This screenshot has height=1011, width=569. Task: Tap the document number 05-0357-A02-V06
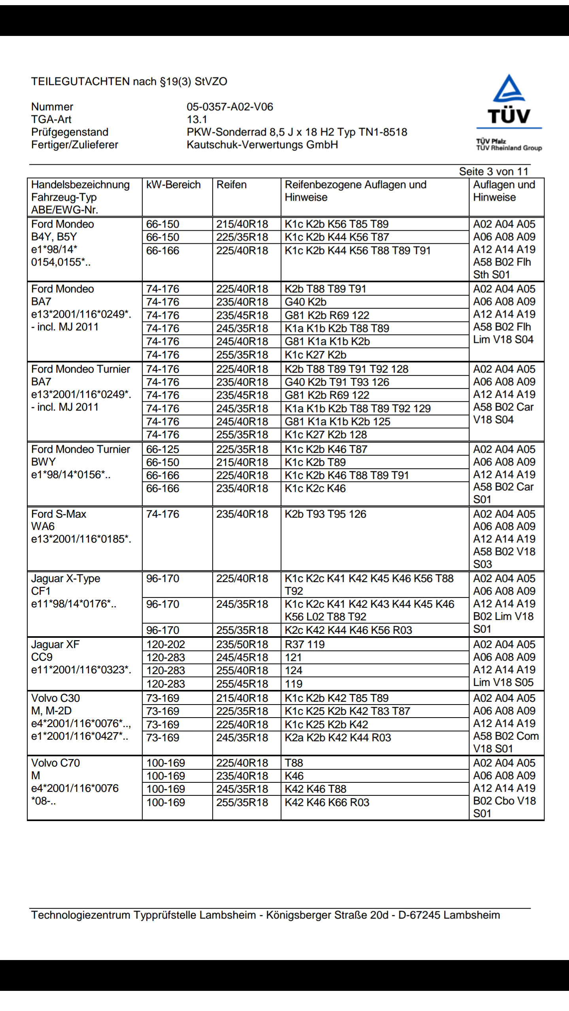point(230,107)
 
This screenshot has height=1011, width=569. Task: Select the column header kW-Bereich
point(173,185)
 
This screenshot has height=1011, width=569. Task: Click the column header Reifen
point(231,185)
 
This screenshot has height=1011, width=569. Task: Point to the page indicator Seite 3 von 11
point(493,171)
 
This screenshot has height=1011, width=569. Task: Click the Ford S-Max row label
point(58,514)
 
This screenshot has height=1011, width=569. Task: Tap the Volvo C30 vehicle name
point(55,698)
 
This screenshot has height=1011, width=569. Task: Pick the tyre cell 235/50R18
point(242,645)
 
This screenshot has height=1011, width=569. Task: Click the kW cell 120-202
point(166,645)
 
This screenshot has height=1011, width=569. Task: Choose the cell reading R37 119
point(305,645)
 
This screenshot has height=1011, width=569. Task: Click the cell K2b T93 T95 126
point(325,514)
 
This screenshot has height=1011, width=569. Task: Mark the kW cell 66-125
point(162,449)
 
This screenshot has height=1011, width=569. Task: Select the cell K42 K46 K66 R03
point(327,802)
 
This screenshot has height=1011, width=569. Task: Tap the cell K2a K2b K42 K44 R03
point(338,737)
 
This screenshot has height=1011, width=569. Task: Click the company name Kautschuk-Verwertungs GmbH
point(262,145)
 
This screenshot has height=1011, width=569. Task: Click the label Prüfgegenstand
point(70,132)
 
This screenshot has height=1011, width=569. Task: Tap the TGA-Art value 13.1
point(197,119)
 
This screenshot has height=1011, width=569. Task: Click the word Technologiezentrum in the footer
point(80,915)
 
